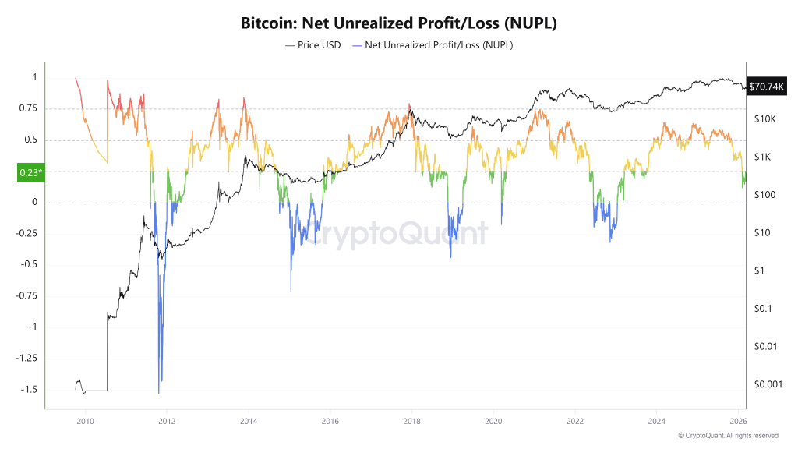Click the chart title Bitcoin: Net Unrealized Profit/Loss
click(x=398, y=23)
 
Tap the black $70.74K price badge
click(x=767, y=87)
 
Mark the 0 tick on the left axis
click(x=34, y=203)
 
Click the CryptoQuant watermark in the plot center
click(x=394, y=233)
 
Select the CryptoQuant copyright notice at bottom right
click(x=728, y=435)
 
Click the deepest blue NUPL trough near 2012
click(x=159, y=392)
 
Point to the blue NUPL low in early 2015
click(x=291, y=291)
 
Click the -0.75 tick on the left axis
click(x=27, y=296)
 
